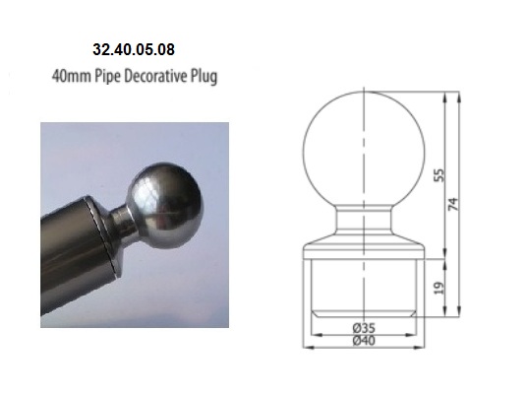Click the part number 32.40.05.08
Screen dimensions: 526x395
click(x=134, y=49)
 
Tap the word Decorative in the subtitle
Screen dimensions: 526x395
click(x=155, y=76)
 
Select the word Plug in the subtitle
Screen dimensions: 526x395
click(x=204, y=77)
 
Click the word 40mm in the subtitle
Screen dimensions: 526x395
click(x=72, y=76)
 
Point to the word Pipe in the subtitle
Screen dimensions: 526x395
click(x=107, y=77)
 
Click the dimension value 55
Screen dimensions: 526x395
click(x=438, y=175)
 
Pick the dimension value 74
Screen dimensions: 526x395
click(x=453, y=204)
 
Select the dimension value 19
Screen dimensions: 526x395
click(x=438, y=288)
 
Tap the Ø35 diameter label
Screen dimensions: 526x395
click(x=364, y=327)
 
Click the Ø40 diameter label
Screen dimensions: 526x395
click(x=364, y=341)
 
